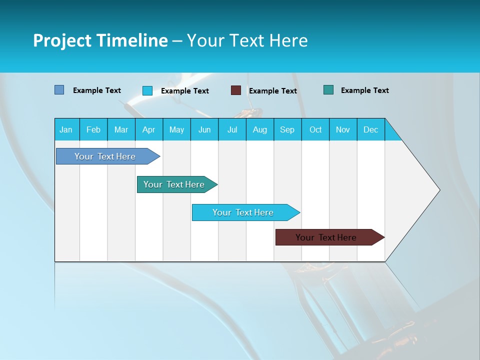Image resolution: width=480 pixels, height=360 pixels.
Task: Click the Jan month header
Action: pos(66,129)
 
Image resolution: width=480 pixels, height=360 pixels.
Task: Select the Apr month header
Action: pos(148,129)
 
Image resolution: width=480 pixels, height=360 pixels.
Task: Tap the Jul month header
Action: pos(232,129)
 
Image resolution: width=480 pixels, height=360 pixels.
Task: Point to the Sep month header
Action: pos(287,129)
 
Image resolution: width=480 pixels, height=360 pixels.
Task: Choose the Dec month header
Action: pos(370,129)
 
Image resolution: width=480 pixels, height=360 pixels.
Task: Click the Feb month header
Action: pos(93,129)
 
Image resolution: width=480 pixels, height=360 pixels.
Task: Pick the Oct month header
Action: pos(315,129)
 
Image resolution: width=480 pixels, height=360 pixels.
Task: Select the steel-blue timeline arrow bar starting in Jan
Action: pos(105,156)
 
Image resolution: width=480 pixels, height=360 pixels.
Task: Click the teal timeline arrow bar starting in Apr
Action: pos(174,184)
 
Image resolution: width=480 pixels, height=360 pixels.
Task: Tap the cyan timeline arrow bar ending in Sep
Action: pos(243,212)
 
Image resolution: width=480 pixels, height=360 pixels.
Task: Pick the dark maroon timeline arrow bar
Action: pos(326,237)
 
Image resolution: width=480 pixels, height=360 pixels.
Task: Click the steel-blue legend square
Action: pos(59,90)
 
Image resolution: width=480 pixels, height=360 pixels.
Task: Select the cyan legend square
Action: pos(147,90)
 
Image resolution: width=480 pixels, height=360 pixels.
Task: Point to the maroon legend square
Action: pos(236,90)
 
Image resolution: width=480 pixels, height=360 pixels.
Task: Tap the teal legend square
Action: pos(328,90)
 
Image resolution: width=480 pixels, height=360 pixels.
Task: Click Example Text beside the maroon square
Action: pos(272,91)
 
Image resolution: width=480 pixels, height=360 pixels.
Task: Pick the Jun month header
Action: pos(204,129)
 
